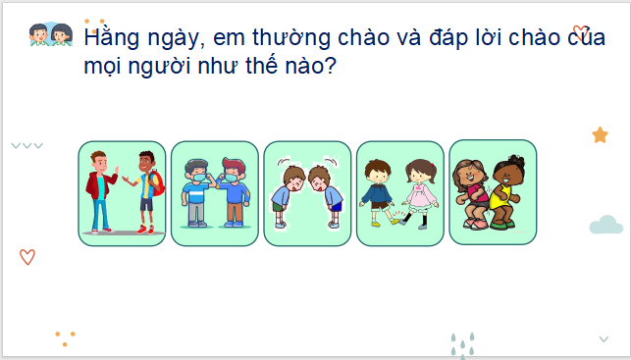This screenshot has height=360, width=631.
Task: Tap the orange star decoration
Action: (x=600, y=135)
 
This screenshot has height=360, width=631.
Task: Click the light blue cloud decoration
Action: (x=605, y=227)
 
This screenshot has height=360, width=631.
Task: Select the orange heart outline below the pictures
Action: (x=27, y=257)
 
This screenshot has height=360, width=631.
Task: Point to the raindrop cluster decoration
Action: (x=462, y=344)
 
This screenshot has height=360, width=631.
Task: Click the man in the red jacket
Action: (x=100, y=190)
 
